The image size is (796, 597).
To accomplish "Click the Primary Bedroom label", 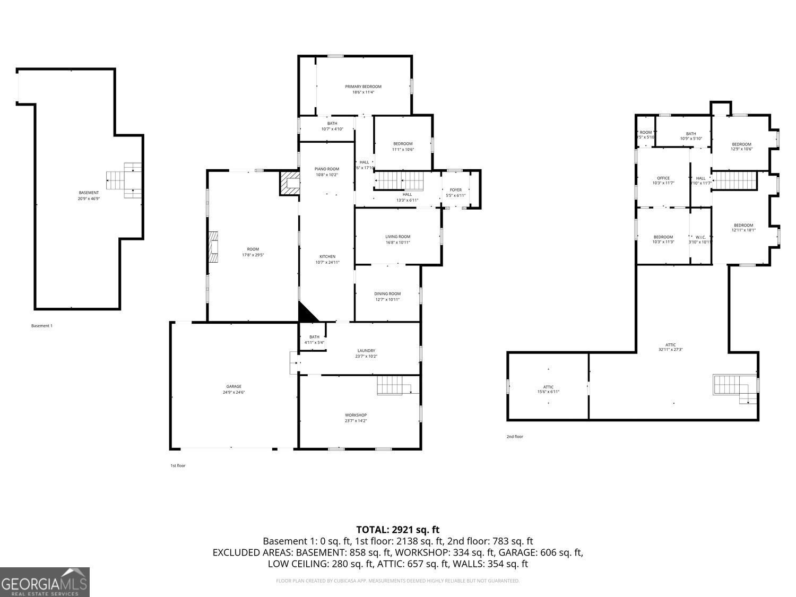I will click(x=363, y=86).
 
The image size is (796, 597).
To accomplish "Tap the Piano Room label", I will click(x=326, y=169).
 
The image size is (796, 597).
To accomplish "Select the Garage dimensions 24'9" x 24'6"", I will click(x=233, y=393).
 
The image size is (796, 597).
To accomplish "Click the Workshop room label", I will click(x=356, y=415).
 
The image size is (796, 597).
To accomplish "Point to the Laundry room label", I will click(x=366, y=351).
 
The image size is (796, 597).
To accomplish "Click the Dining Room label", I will click(x=387, y=294).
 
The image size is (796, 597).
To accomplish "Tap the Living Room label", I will click(x=397, y=237).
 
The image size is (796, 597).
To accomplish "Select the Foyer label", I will click(x=455, y=190).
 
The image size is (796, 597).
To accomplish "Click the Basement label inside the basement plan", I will click(x=89, y=193).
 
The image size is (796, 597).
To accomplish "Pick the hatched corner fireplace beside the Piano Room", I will click(x=290, y=183).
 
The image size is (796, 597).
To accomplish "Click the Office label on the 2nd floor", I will click(x=663, y=178).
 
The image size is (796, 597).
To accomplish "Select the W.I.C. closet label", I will click(x=700, y=237).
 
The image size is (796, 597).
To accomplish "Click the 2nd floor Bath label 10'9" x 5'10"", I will click(x=691, y=134).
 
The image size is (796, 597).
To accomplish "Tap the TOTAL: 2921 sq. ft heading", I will click(x=397, y=530).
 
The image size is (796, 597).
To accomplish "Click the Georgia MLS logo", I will click(x=45, y=582).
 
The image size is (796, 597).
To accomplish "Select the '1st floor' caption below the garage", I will click(x=178, y=465).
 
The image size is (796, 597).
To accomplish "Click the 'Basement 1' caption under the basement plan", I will click(x=42, y=326).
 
